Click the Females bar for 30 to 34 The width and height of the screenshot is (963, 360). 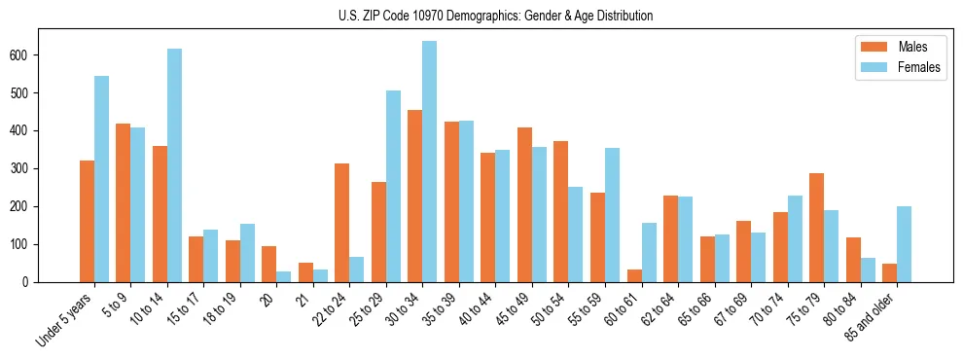click(x=429, y=162)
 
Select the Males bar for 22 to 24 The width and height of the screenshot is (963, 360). click(x=341, y=223)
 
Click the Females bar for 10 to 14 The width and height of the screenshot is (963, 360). click(x=174, y=165)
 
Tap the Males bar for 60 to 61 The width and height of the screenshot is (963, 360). click(x=633, y=275)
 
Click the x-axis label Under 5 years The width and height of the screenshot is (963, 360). click(x=66, y=318)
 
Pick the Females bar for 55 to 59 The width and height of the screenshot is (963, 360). click(x=612, y=215)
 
